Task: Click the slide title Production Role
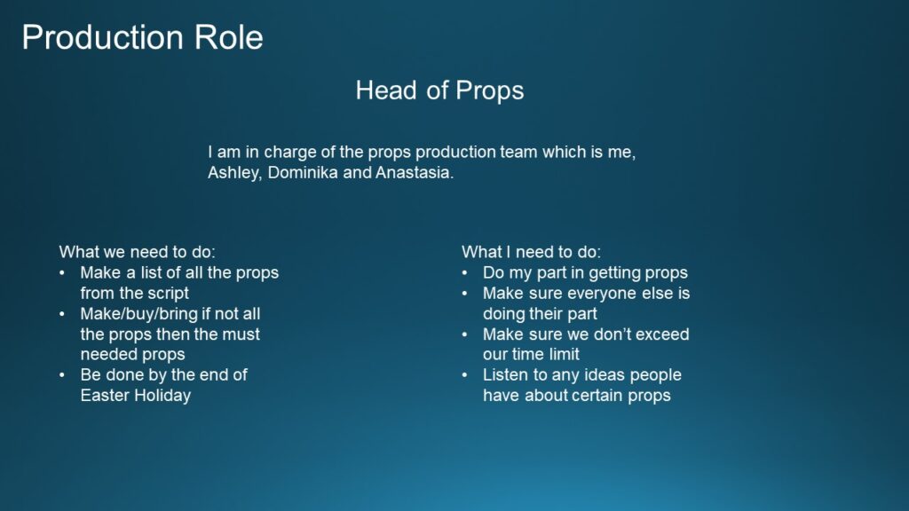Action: [143, 37]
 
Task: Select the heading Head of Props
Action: [440, 91]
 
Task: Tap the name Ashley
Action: [234, 173]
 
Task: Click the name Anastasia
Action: [415, 173]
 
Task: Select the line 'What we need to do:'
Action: [137, 252]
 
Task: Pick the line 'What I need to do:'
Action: [531, 252]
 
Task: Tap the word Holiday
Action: [163, 396]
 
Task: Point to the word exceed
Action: [661, 334]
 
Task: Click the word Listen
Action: [505, 375]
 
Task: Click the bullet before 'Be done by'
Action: [62, 375]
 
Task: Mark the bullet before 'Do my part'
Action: [465, 273]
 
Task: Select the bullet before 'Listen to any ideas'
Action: [465, 375]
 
